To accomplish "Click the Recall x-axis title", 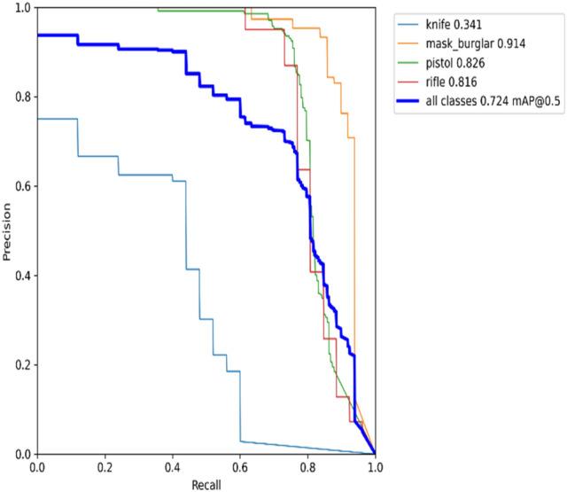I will pyautogui.click(x=206, y=484).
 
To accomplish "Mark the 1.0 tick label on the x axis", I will pyautogui.click(x=376, y=466).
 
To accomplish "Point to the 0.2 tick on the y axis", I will pyautogui.click(x=21, y=365).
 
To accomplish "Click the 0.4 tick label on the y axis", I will pyautogui.click(x=21, y=276).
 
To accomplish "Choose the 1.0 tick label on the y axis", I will pyautogui.click(x=21, y=8).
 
